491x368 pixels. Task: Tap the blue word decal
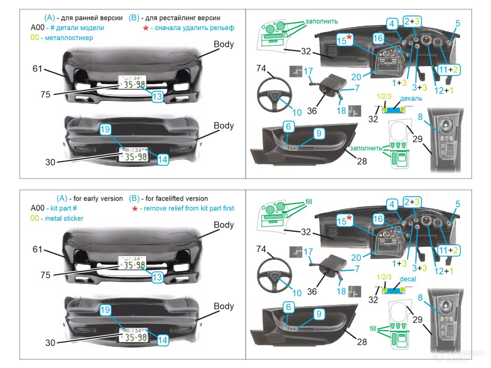click(408, 279)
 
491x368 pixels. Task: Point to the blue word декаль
click(411, 98)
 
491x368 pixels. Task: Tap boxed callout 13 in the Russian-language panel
click(157, 97)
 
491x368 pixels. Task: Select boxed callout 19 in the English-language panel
click(105, 310)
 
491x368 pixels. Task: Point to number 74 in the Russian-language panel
click(261, 68)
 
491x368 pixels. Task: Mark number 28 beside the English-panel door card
click(362, 341)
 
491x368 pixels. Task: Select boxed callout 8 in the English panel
click(420, 298)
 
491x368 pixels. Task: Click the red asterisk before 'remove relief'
click(134, 209)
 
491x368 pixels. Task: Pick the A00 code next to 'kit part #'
click(38, 208)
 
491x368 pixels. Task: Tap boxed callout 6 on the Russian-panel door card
click(288, 127)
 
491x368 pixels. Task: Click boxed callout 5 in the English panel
click(458, 204)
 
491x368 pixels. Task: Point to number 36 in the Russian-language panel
click(312, 111)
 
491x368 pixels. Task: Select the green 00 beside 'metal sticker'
click(35, 218)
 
